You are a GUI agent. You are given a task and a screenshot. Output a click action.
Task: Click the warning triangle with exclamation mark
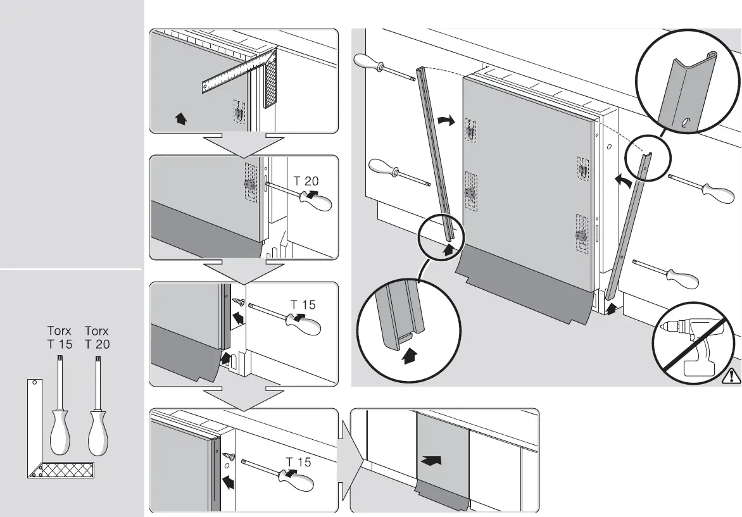(732, 376)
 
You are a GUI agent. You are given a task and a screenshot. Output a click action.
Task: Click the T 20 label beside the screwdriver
(306, 181)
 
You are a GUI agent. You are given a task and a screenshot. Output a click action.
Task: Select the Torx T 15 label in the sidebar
(60, 337)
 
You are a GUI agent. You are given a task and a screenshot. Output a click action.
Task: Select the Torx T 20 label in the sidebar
(97, 337)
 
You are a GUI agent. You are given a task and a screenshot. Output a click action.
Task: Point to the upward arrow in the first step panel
(181, 118)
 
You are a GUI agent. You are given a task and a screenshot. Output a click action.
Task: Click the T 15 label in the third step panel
(303, 304)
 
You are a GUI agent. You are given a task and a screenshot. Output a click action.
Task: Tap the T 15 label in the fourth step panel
(298, 462)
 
